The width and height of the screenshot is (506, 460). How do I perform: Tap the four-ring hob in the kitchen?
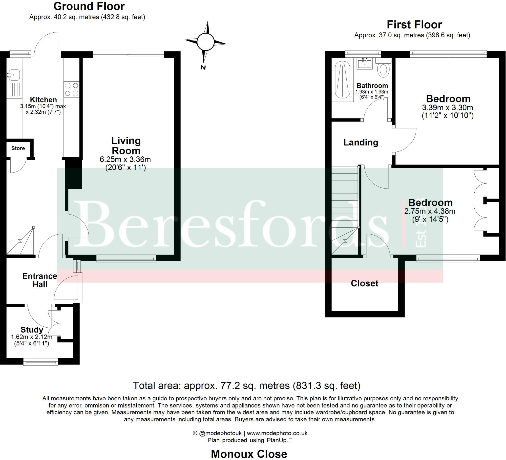click(x=71, y=90)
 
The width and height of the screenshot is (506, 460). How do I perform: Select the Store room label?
click(x=18, y=148)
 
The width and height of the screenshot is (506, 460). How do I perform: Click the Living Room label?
click(x=126, y=146)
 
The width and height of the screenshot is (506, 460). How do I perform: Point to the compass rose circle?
click(x=205, y=42)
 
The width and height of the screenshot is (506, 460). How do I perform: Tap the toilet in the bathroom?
click(x=383, y=70)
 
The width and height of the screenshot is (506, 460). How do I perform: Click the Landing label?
click(x=361, y=143)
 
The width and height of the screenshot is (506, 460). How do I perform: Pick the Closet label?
click(x=364, y=283)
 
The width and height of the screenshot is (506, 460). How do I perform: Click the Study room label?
click(x=32, y=330)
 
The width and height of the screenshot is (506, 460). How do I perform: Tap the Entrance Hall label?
click(x=40, y=280)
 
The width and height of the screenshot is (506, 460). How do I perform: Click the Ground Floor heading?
click(x=89, y=6)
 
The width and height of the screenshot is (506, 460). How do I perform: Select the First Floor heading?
click(x=414, y=25)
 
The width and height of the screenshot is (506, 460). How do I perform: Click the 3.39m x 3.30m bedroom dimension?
click(x=447, y=108)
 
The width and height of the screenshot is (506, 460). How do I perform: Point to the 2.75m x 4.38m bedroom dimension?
click(x=430, y=211)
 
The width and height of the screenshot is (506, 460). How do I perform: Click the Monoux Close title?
click(x=249, y=454)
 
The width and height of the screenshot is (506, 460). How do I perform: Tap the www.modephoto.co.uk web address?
click(x=277, y=433)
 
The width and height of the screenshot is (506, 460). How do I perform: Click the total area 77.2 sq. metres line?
click(x=247, y=386)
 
